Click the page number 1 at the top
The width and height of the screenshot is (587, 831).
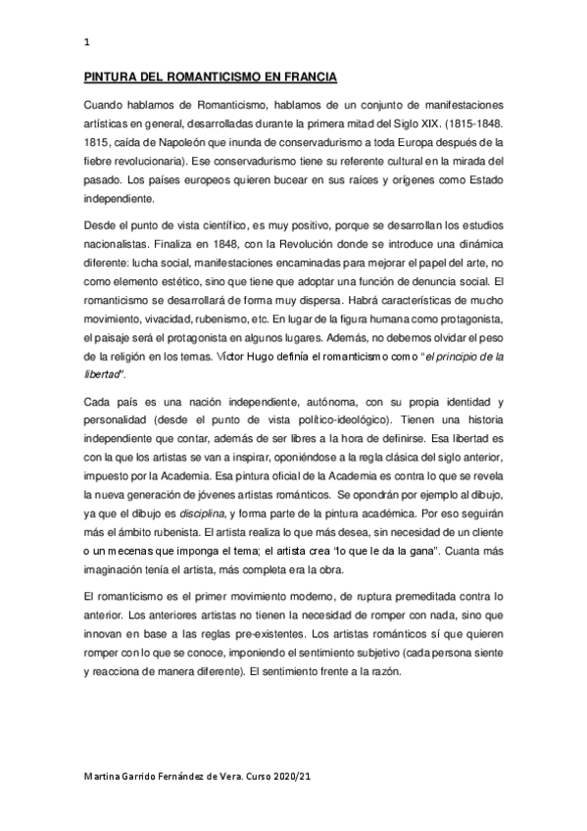(88, 42)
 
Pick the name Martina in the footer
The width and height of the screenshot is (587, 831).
(105, 777)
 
